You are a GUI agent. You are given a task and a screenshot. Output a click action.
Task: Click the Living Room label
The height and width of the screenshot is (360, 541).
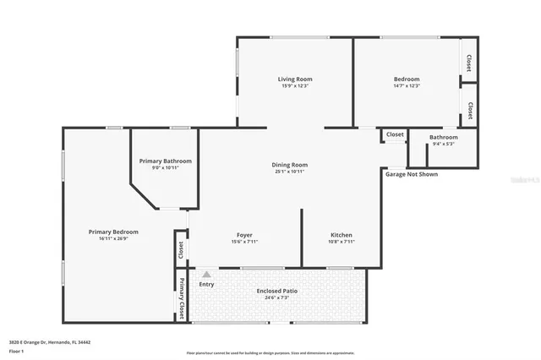295,79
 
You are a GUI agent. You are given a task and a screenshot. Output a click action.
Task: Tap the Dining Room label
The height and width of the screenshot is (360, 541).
289,165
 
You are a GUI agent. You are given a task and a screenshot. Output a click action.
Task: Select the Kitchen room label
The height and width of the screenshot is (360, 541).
342,235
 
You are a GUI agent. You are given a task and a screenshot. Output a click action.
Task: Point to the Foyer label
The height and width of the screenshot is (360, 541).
243,235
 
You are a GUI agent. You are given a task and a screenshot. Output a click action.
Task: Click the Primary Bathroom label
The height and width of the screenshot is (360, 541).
166,161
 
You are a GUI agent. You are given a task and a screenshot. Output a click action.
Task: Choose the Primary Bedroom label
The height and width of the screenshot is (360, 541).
113,232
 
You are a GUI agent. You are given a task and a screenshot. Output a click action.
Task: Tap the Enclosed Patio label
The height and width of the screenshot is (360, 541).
276,291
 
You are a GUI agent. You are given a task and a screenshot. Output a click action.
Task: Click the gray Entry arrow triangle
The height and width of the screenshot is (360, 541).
205,274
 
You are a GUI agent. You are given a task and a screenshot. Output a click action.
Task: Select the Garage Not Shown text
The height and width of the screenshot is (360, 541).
412,174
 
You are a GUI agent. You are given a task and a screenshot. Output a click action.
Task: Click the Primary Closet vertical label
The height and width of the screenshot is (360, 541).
182,298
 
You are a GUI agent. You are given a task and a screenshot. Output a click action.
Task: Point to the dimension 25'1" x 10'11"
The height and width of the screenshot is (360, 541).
289,172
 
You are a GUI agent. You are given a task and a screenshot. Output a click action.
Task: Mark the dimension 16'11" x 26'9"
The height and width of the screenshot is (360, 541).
113,238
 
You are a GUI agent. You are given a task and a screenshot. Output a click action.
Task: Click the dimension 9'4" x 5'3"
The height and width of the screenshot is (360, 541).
443,144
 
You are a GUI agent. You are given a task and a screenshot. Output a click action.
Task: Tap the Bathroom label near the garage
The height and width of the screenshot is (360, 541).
443,137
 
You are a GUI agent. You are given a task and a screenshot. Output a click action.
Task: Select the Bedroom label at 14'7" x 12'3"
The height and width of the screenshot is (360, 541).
407,79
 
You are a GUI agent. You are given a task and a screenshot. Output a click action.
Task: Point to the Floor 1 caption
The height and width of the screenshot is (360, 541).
16,350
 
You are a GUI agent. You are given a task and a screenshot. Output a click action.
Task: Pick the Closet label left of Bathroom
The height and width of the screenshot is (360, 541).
395,134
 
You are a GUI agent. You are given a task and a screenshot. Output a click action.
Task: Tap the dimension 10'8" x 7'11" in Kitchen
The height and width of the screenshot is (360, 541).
342,242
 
